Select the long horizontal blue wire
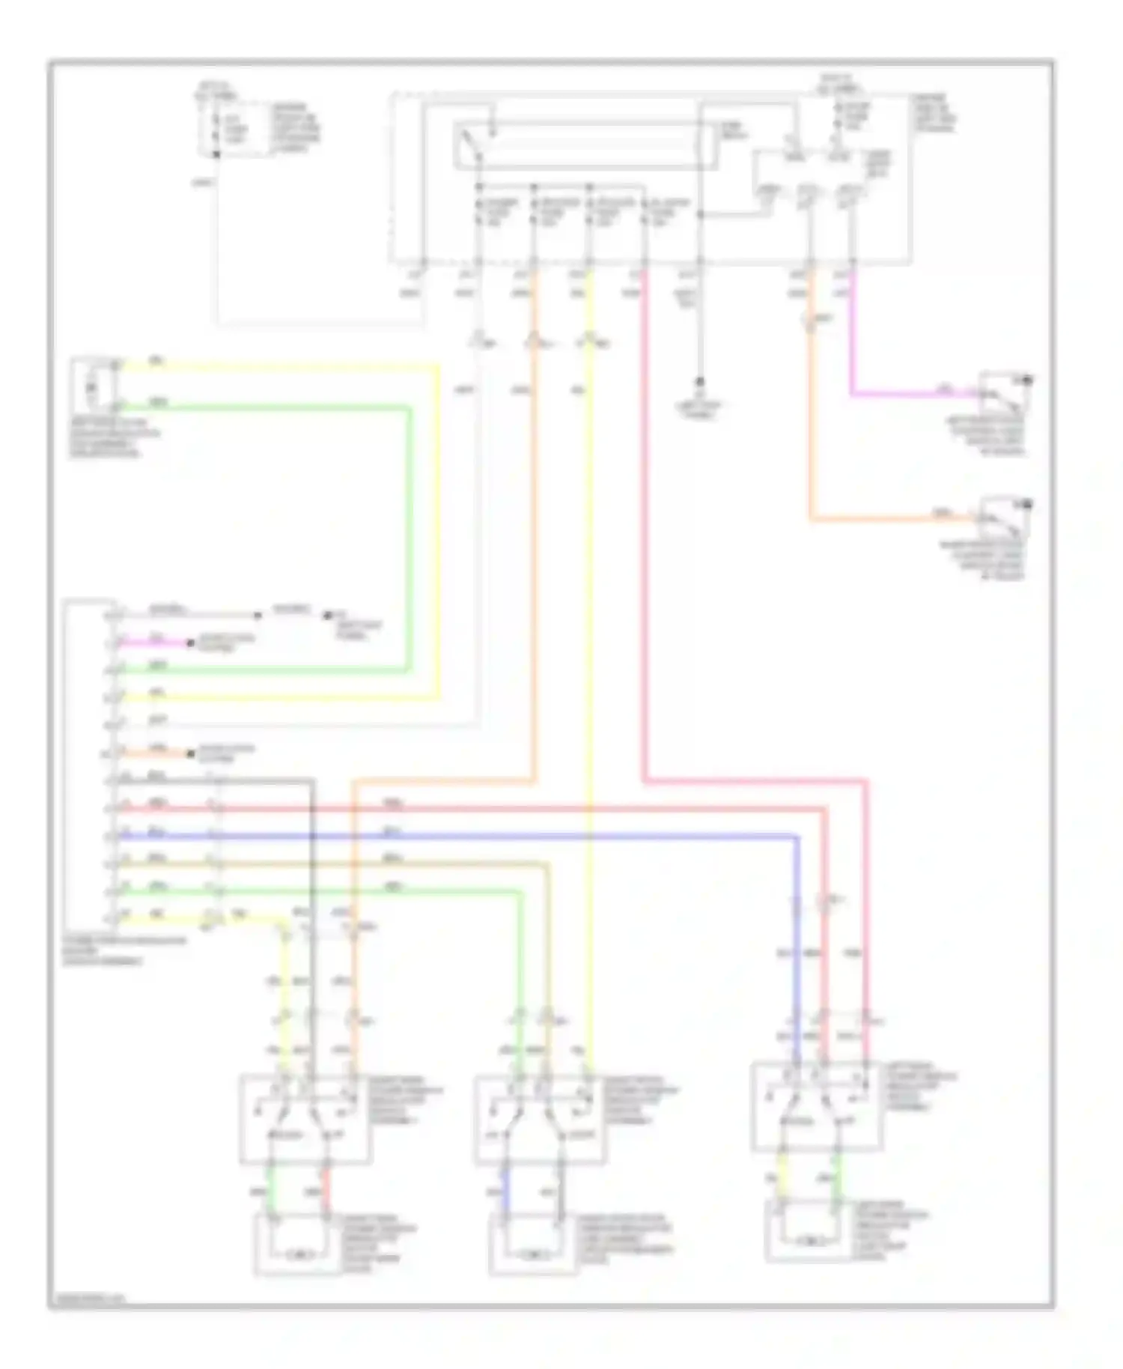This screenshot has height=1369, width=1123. [x=449, y=836]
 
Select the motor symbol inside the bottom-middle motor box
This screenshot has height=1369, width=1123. [x=533, y=1252]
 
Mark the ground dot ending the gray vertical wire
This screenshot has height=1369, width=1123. [x=700, y=380]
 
